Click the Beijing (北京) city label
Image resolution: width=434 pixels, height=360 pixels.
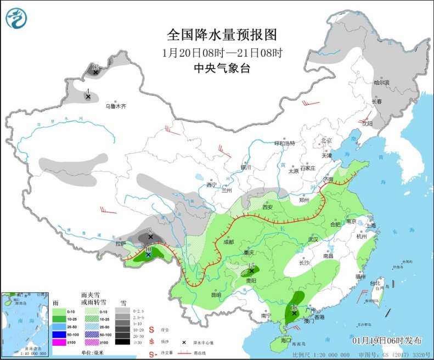[x=326, y=140]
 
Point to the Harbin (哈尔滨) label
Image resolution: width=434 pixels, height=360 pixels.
[x=381, y=82]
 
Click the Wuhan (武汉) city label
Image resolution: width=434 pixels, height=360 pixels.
[x=313, y=239]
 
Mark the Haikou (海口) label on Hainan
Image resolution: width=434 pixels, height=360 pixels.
[x=285, y=341]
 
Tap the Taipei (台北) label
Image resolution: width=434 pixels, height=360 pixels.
[x=375, y=283]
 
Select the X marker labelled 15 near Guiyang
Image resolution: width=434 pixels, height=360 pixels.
[x=251, y=271]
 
